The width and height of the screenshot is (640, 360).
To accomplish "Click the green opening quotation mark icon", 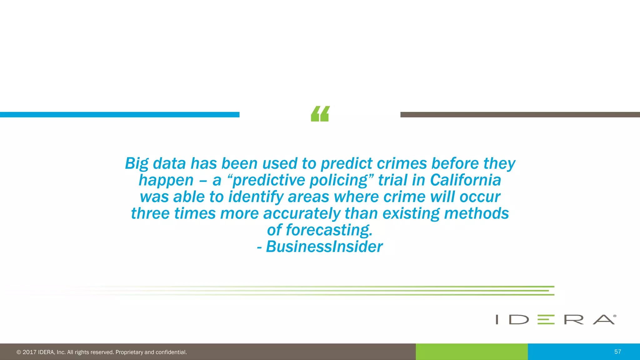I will (320, 114).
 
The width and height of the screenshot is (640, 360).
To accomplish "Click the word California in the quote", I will (466, 180).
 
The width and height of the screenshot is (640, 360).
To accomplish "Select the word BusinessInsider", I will (324, 247).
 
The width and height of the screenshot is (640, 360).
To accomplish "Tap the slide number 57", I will (617, 352).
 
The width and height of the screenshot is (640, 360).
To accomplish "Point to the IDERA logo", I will (556, 319).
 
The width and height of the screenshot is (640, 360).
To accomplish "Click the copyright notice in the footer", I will (102, 352).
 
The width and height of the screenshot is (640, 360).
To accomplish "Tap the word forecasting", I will (329, 230).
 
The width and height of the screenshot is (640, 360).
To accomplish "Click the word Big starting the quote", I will (137, 164).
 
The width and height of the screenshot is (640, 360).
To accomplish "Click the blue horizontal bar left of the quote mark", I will (120, 115).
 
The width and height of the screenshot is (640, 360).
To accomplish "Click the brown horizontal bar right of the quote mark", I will (520, 115).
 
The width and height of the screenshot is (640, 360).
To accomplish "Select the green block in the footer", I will (472, 352).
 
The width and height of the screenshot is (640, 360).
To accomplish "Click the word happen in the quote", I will (166, 181).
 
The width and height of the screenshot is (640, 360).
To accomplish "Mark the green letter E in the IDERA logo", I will (546, 319).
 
